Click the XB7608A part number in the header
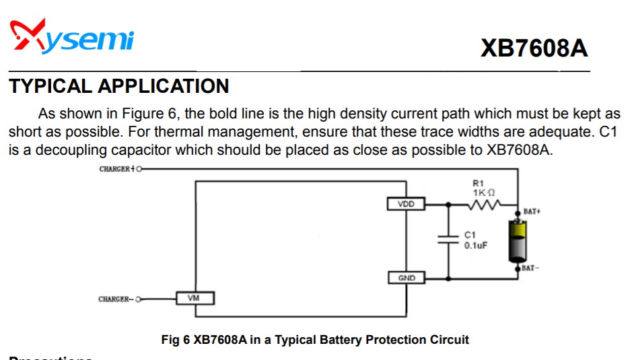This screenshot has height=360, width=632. pyautogui.click(x=534, y=48)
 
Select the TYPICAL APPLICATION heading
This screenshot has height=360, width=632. pyautogui.click(x=119, y=86)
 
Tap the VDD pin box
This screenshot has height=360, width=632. pyautogui.click(x=407, y=203)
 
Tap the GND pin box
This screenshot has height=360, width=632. pyautogui.click(x=407, y=277)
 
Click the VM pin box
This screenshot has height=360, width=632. pyautogui.click(x=196, y=297)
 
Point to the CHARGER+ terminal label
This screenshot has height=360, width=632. pyautogui.click(x=116, y=169)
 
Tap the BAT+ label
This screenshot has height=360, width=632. pyautogui.click(x=532, y=211)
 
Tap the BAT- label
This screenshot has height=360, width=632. pyautogui.click(x=530, y=268)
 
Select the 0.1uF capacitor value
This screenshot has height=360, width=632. pyautogui.click(x=476, y=245)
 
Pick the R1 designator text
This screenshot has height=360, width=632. pyautogui.click(x=478, y=183)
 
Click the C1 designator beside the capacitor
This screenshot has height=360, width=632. pyautogui.click(x=470, y=235)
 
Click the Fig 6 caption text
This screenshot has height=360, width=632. pyautogui.click(x=315, y=339)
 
